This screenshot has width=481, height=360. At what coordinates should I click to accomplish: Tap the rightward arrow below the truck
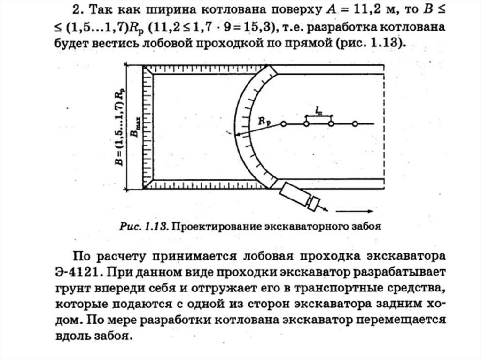click(x=357, y=211)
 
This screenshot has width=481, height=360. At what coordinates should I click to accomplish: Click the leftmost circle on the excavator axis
click(x=283, y=124)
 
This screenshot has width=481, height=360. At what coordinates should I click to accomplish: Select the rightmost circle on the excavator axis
click(x=356, y=124)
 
